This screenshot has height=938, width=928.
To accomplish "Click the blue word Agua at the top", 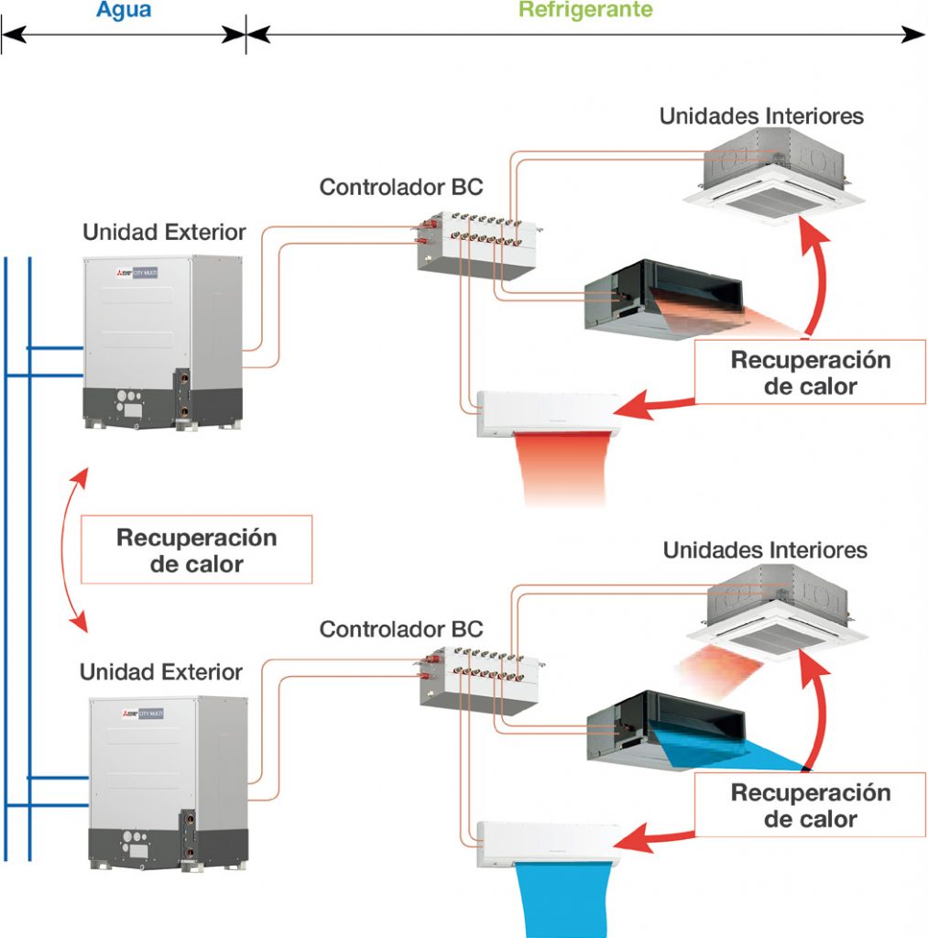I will click(122, 10).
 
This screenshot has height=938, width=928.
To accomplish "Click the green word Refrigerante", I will click(585, 10).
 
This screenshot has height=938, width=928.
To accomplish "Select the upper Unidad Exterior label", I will click(164, 232).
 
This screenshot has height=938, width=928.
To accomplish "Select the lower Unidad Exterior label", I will click(160, 671).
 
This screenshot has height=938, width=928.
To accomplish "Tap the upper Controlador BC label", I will click(400, 188).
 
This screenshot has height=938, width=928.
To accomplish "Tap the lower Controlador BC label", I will click(400, 630).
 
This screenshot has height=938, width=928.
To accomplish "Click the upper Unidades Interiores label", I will click(761, 116).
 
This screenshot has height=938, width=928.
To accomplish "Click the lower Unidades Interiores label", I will click(765, 551).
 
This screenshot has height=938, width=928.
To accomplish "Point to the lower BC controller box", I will click(476, 682).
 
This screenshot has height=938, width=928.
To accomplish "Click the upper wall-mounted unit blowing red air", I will click(547, 413).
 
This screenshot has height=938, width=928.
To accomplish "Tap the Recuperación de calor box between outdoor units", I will click(196, 550).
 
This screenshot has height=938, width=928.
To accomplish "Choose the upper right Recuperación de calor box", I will click(809, 373).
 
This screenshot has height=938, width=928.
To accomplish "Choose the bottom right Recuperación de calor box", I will click(809, 805).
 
